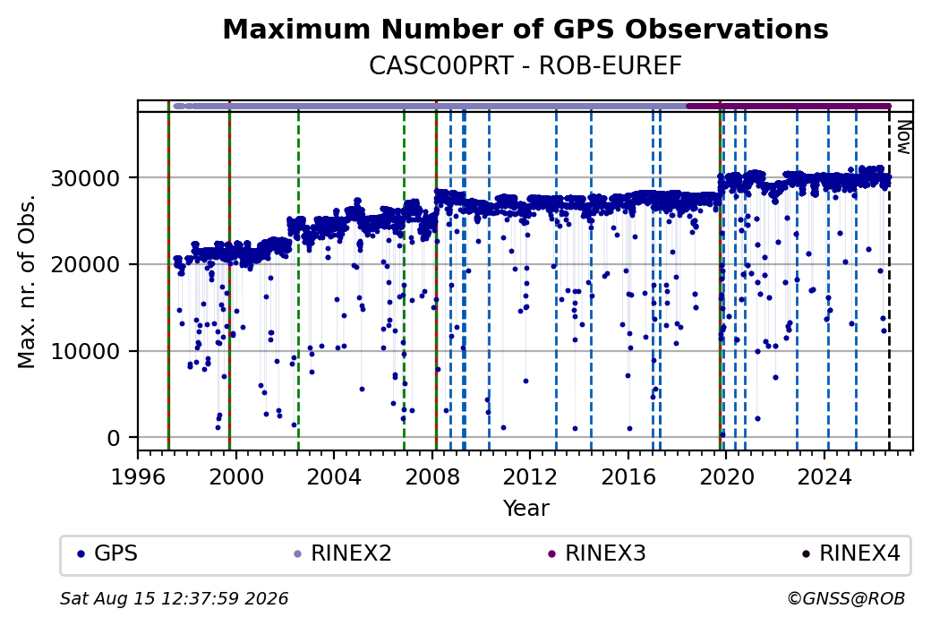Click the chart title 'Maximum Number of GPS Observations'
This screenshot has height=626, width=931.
pyautogui.click(x=525, y=29)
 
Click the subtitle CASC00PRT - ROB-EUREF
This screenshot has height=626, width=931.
pyautogui.click(x=525, y=66)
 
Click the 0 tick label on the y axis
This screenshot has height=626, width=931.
pyautogui.click(x=114, y=438)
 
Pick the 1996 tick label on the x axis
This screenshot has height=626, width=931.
pyautogui.click(x=138, y=477)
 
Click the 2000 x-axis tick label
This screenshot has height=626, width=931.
pyautogui.click(x=235, y=477)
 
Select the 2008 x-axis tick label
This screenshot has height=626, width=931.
pyautogui.click(x=432, y=477)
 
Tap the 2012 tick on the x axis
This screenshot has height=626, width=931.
pyautogui.click(x=530, y=477)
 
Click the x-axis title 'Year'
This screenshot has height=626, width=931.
pyautogui.click(x=526, y=509)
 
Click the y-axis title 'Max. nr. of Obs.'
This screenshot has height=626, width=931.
pyautogui.click(x=27, y=281)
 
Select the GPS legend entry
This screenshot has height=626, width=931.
pyautogui.click(x=107, y=553)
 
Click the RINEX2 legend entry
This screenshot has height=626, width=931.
pyautogui.click(x=343, y=553)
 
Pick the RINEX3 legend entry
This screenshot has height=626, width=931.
pyautogui.click(x=597, y=553)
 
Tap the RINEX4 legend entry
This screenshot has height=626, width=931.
pyautogui.click(x=850, y=553)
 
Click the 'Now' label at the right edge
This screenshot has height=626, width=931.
pyautogui.click(x=903, y=137)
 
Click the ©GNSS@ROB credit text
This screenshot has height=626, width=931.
pyautogui.click(x=846, y=598)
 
